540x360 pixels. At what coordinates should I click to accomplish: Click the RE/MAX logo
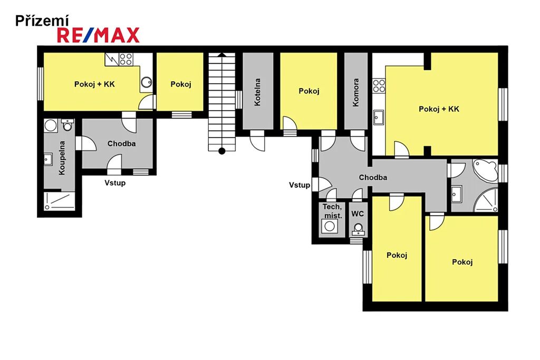tap(98, 35)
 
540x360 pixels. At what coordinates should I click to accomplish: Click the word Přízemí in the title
tap(42, 21)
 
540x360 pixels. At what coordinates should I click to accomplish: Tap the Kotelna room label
tap(257, 92)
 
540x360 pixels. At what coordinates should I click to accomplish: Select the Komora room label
tap(356, 92)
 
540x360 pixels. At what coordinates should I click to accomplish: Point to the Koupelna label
tap(62, 158)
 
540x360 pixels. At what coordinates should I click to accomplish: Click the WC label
tap(358, 213)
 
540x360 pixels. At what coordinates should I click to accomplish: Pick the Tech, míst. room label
tap(332, 211)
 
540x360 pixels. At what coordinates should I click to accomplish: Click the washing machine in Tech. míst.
tap(330, 226)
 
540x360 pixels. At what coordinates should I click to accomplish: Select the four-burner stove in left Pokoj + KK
tap(126, 59)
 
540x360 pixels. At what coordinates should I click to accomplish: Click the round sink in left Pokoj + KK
tap(147, 82)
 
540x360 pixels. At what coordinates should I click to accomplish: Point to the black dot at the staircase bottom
tap(222, 151)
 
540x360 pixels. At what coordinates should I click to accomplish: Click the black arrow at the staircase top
tap(222, 54)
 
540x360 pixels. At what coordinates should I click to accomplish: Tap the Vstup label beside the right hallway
tap(300, 185)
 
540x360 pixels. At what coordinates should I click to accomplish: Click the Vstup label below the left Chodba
tap(115, 183)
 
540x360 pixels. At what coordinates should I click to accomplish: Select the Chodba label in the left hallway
tap(122, 143)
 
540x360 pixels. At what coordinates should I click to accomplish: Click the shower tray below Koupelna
tap(59, 201)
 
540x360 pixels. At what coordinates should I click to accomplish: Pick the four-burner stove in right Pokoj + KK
tap(379, 86)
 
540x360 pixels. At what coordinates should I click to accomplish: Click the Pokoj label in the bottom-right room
tap(462, 262)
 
